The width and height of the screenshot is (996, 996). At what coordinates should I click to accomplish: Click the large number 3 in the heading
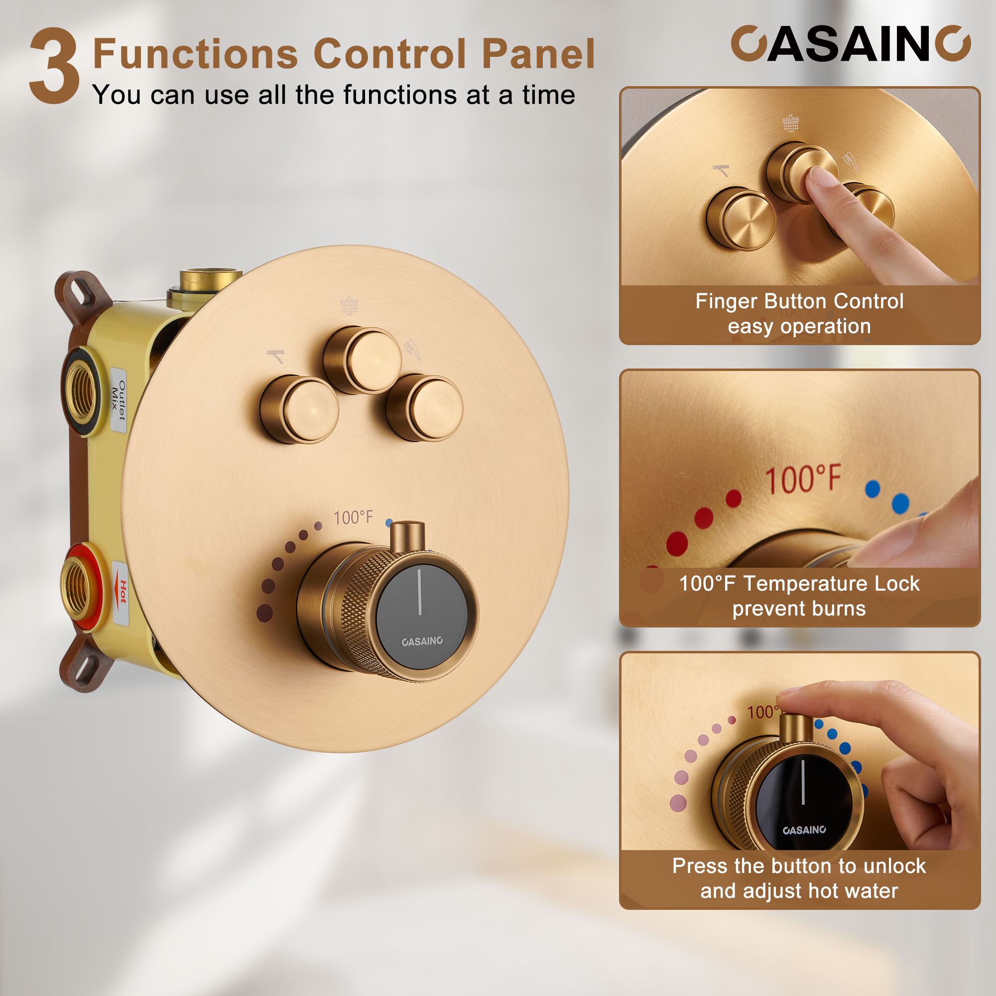click(x=55, y=66)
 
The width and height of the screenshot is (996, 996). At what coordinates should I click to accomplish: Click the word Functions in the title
click(x=195, y=54)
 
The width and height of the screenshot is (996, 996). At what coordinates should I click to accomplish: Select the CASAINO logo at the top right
click(x=850, y=44)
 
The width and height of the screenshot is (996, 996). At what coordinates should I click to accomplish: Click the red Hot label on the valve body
click(x=122, y=593)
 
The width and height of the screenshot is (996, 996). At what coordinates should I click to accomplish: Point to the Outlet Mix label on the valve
click(x=119, y=400)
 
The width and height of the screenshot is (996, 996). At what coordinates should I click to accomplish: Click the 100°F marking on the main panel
click(x=353, y=517)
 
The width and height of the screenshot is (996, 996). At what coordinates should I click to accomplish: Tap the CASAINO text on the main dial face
click(x=422, y=641)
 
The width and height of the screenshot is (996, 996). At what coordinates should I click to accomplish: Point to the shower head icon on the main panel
click(x=349, y=305)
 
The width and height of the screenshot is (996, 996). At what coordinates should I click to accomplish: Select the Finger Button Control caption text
click(x=799, y=302)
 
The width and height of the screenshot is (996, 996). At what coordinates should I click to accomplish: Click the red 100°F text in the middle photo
click(x=803, y=480)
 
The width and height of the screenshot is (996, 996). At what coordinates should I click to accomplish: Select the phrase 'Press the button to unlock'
click(x=799, y=866)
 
